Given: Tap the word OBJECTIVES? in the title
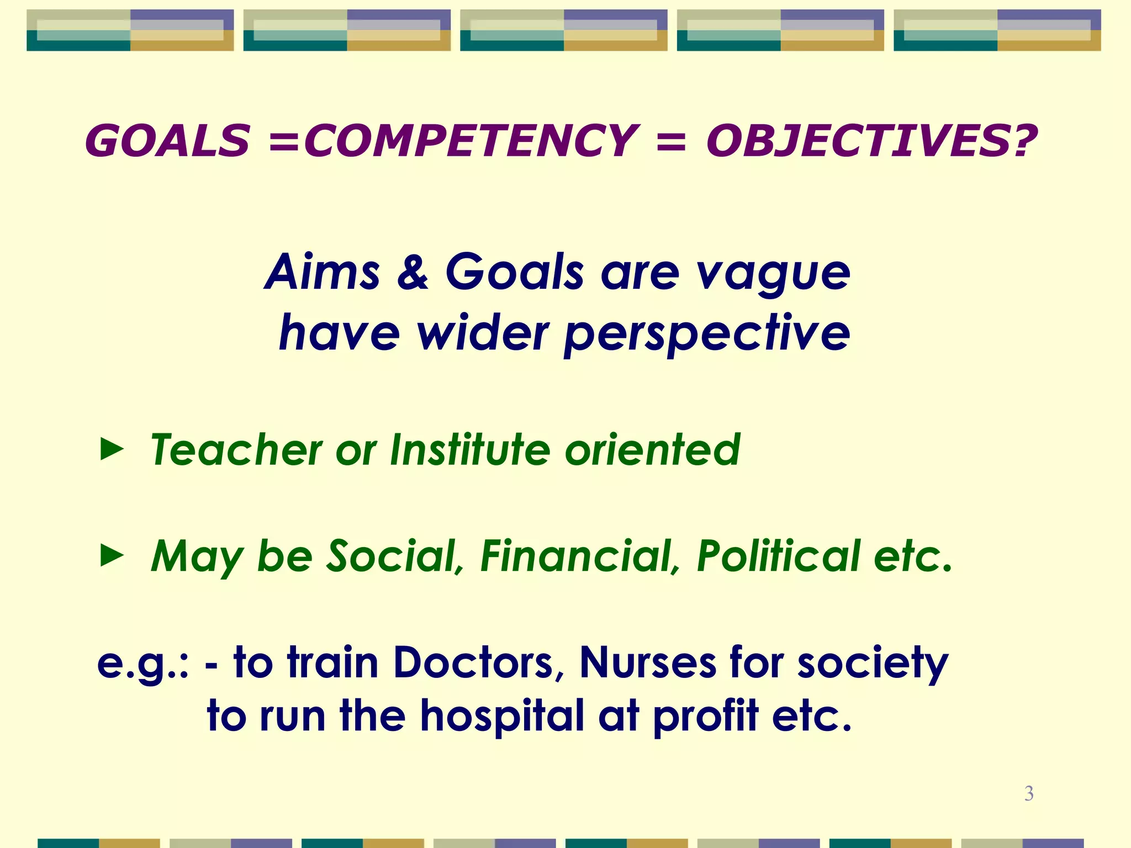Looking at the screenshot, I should pyautogui.click(x=871, y=141).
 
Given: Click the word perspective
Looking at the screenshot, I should pyautogui.click(x=707, y=335).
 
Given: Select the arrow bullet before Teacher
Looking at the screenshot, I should pyautogui.click(x=112, y=450).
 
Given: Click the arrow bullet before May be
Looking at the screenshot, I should pyautogui.click(x=112, y=556).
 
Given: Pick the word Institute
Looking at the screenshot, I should pyautogui.click(x=469, y=449).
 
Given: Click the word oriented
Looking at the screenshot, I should pyautogui.click(x=652, y=449).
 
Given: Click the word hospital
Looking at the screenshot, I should pyautogui.click(x=502, y=716).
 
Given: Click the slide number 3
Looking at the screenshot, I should pyautogui.click(x=1029, y=793).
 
